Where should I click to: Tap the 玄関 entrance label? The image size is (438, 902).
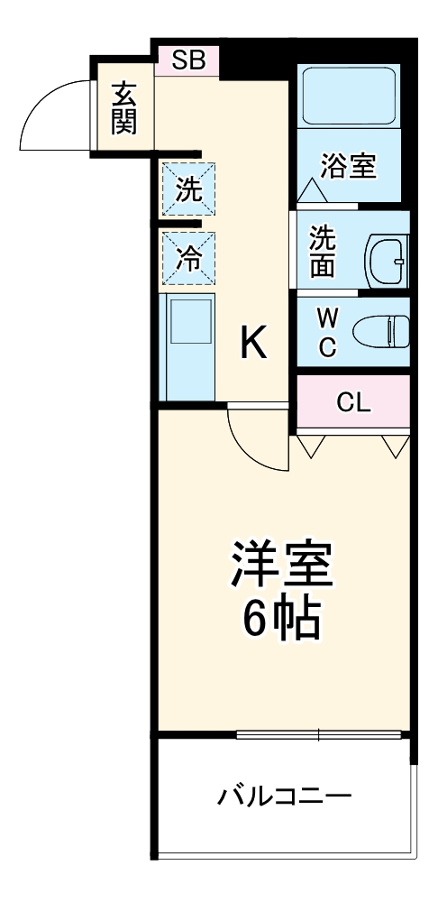[123, 108]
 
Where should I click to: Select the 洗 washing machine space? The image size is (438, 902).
[189, 189]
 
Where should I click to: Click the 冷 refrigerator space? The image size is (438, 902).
[189, 258]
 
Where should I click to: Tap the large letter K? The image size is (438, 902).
[253, 344]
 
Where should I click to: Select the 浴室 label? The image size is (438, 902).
[349, 166]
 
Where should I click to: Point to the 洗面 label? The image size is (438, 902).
[324, 250]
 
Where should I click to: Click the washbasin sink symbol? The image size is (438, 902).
[388, 258]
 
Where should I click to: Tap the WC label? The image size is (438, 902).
[328, 331]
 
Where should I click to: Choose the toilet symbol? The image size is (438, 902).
[382, 332]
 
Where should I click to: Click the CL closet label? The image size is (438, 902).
[353, 403]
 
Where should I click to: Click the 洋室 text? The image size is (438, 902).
[283, 566]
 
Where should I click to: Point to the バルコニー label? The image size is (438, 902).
[284, 796]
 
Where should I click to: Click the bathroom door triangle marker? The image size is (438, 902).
[310, 191]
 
